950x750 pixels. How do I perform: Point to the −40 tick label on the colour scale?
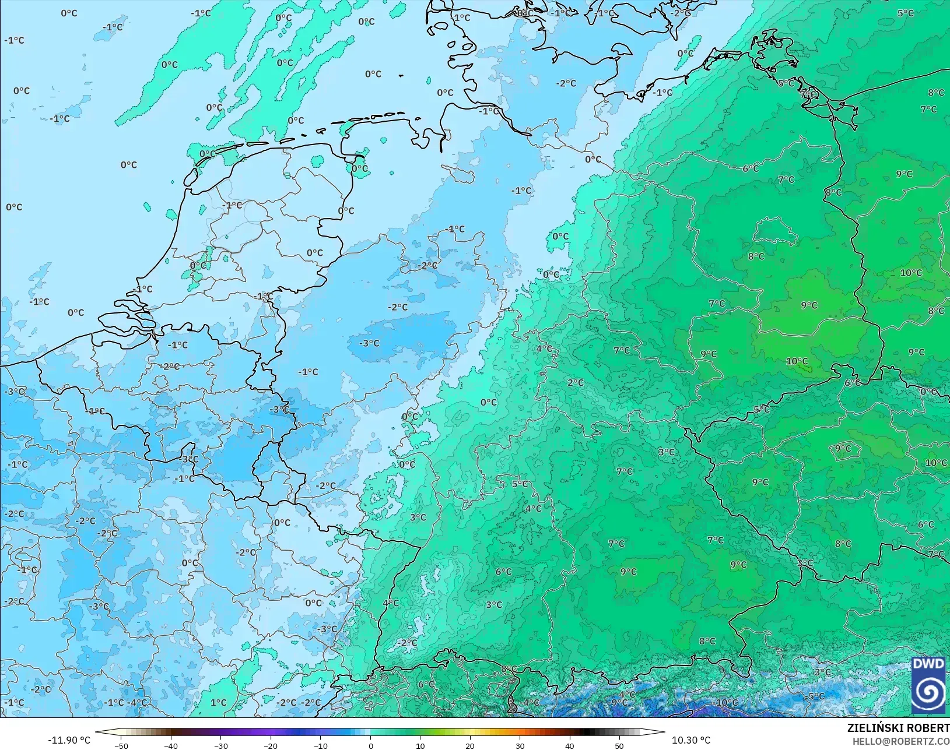coord(171,745)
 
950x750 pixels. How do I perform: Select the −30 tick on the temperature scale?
coord(220,745)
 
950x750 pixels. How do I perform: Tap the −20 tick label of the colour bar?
coord(271,745)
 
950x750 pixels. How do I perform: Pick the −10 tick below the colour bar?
coord(320,745)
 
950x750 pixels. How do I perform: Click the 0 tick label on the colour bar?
coord(371,745)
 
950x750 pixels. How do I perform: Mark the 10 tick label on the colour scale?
coord(420,745)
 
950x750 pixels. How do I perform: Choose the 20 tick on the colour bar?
coord(470,745)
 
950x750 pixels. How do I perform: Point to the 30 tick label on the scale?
coord(520,745)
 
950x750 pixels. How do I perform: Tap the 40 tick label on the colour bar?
coord(570,745)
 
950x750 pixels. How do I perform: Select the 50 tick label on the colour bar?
coord(619,745)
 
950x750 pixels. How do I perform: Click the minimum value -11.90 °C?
coord(69,740)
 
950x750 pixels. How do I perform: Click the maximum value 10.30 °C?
coord(691,740)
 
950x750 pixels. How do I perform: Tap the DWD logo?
coord(928,685)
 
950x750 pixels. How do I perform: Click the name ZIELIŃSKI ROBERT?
coord(898,728)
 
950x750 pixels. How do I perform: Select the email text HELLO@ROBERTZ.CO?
coord(901,741)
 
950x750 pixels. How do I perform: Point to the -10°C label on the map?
coord(727,703)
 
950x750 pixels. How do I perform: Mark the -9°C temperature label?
coord(618,703)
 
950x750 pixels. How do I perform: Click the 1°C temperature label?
coord(218,703)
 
